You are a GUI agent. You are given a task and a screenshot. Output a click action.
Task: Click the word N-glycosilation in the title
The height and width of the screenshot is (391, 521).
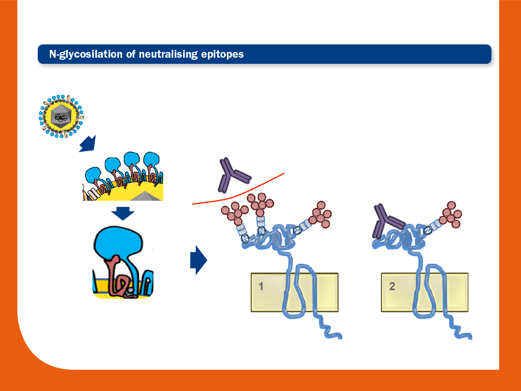(86, 54)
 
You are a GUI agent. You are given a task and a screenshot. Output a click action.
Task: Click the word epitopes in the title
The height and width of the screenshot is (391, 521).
(222, 54)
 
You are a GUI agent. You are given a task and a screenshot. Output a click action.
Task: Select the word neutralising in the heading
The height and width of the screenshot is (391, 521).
(168, 54)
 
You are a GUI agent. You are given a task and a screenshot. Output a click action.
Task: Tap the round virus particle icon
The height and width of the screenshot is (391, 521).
(61, 116)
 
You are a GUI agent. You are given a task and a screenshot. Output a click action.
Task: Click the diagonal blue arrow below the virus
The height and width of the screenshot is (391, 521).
(88, 144)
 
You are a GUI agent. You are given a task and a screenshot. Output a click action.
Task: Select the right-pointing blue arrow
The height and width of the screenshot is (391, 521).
(199, 260)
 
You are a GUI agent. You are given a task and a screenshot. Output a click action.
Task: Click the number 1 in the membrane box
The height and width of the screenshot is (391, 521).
(261, 286)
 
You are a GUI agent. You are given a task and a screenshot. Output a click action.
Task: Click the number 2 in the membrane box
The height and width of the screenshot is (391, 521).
(392, 286)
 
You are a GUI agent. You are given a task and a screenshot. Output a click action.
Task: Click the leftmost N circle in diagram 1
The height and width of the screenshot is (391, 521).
(245, 238)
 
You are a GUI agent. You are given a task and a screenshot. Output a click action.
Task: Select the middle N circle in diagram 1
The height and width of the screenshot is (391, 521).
(261, 231)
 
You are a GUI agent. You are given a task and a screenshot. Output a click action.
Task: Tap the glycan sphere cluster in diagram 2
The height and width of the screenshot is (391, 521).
(450, 215)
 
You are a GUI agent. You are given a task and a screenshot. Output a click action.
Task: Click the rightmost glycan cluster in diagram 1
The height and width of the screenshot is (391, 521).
(320, 215)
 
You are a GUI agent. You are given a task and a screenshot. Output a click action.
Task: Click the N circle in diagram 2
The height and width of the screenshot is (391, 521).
(428, 230)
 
